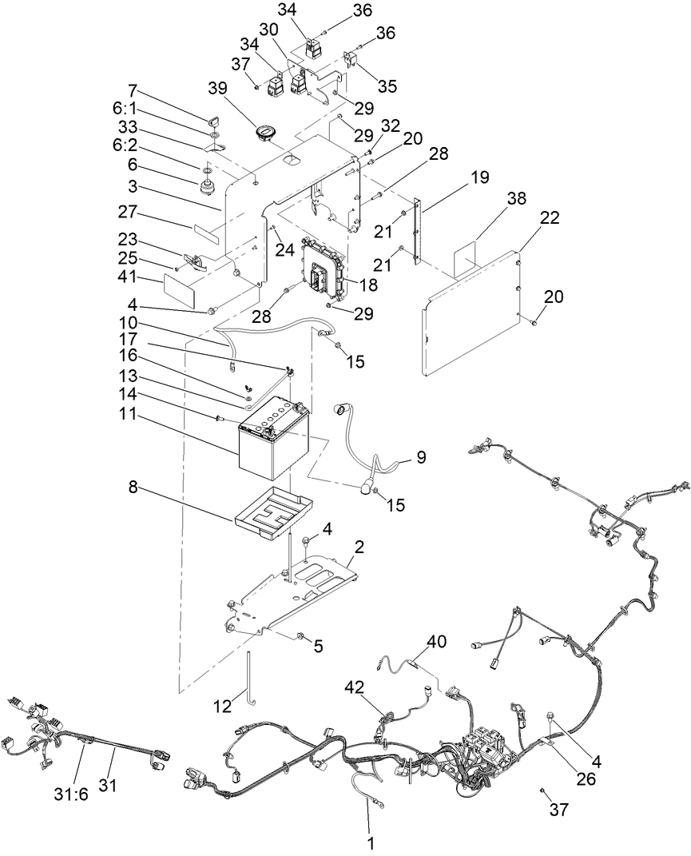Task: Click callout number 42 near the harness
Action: [x=355, y=687]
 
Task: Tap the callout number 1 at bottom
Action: [x=369, y=842]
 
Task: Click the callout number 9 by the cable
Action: [x=420, y=458]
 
